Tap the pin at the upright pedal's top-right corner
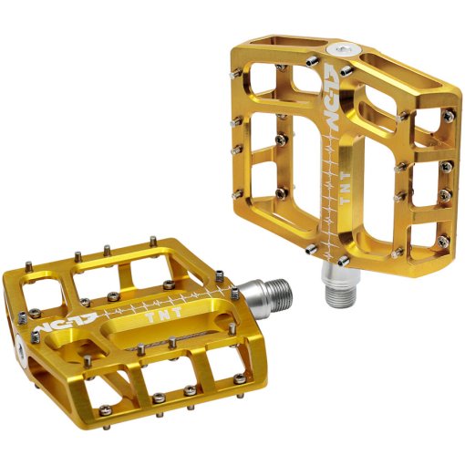pos(449,113)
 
